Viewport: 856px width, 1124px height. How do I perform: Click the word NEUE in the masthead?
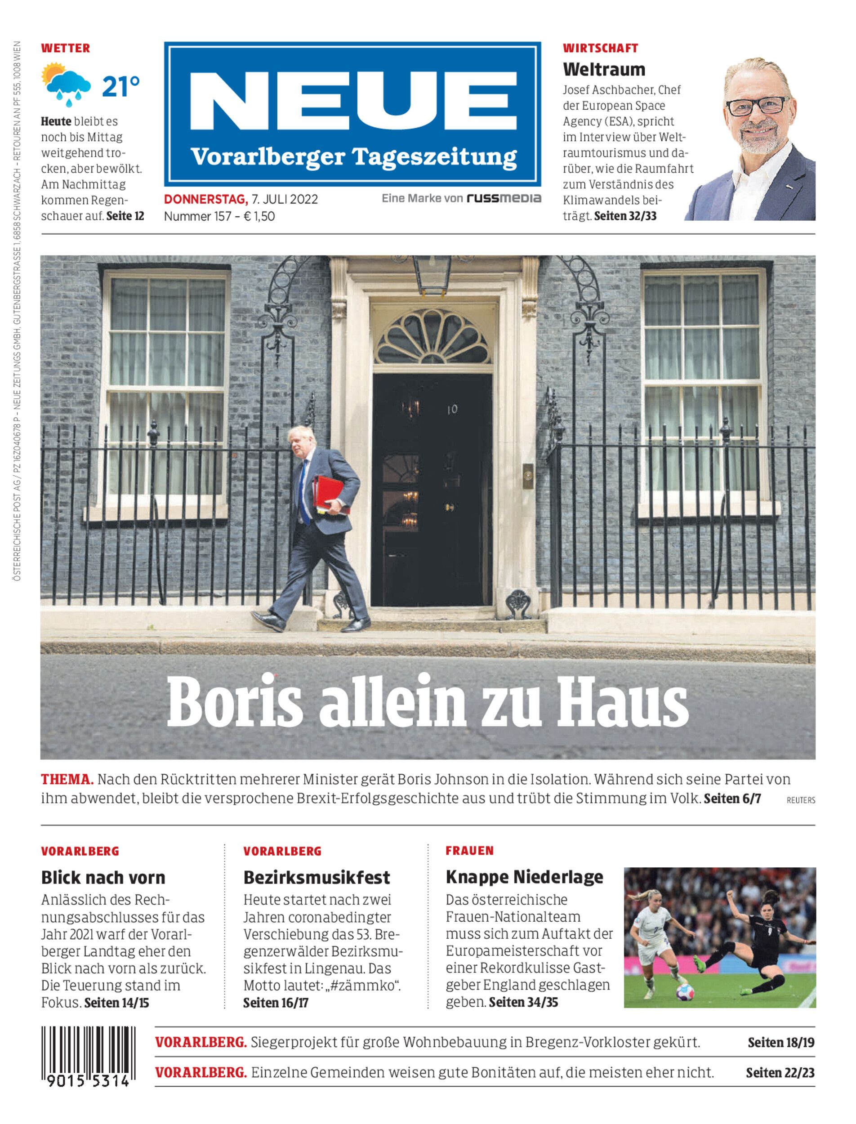[352, 102]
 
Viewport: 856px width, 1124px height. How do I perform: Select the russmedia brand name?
[504, 198]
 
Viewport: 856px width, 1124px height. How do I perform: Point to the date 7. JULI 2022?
[284, 199]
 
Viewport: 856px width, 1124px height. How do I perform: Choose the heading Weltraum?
[604, 69]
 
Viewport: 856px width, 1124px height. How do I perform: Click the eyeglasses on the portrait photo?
[757, 106]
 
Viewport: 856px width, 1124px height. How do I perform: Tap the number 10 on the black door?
[452, 409]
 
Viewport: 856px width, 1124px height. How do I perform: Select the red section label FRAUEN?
[469, 850]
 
